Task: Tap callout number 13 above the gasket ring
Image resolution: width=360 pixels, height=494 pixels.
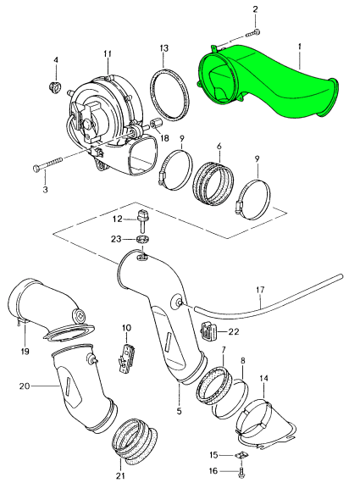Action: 164,48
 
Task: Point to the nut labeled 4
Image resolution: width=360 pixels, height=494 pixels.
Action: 55,86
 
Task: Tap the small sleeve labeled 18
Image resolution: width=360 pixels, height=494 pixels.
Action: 156,124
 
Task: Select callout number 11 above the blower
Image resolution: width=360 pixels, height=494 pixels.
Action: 108,54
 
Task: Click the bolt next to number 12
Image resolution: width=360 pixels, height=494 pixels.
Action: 141,221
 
